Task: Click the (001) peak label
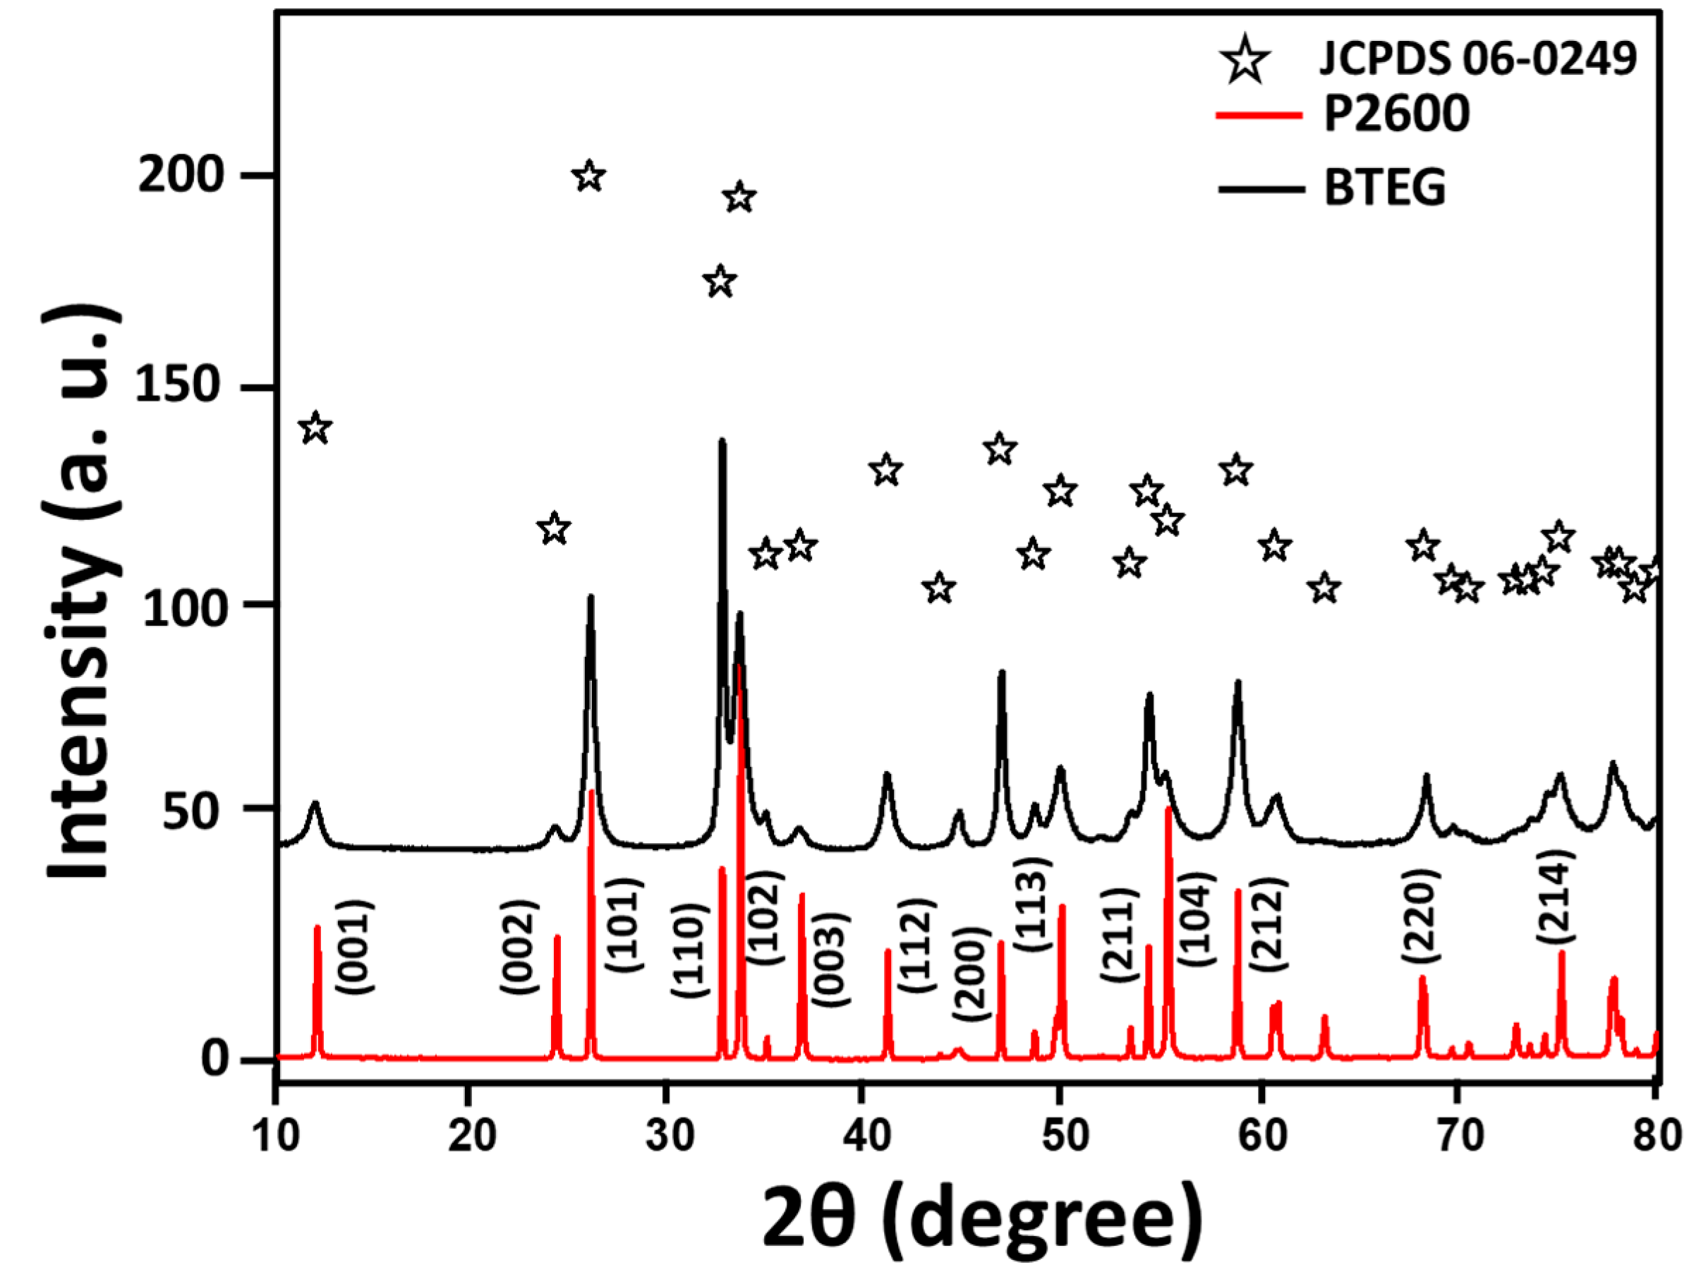pyautogui.click(x=356, y=947)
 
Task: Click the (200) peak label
pyautogui.click(x=971, y=974)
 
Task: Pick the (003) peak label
pyautogui.click(x=830, y=959)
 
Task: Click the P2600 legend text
pyautogui.click(x=1396, y=114)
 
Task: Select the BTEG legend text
pyautogui.click(x=1385, y=187)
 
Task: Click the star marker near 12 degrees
pyautogui.click(x=315, y=428)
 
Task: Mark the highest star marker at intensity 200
pyautogui.click(x=589, y=176)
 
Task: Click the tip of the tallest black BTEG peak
pyautogui.click(x=722, y=442)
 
